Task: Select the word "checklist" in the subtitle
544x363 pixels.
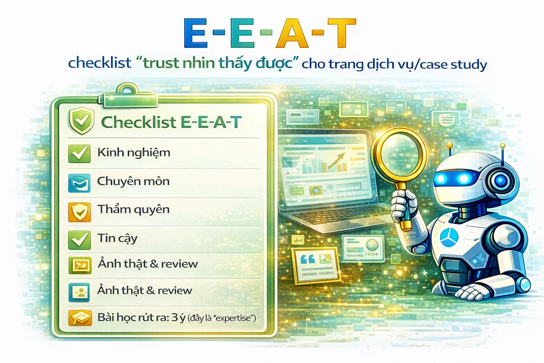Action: (x=100, y=63)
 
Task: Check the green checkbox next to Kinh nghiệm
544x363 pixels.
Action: (x=79, y=153)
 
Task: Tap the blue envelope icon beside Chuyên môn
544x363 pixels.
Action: (x=79, y=183)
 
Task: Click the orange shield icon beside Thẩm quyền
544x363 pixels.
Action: (x=79, y=212)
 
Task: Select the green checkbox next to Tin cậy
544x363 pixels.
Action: (x=79, y=240)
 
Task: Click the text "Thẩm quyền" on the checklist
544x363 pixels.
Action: (x=134, y=210)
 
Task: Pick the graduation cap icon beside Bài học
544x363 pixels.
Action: (x=80, y=318)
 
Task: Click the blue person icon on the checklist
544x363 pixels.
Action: (x=79, y=292)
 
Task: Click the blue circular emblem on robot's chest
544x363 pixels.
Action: (x=449, y=237)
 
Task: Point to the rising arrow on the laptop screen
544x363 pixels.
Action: (x=337, y=161)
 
